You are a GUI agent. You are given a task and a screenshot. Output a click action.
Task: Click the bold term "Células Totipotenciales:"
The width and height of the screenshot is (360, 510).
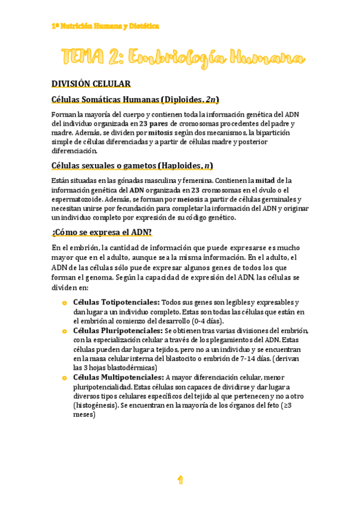[116, 302]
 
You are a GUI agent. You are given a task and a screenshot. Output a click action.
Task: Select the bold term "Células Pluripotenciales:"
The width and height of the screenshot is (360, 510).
[118, 331]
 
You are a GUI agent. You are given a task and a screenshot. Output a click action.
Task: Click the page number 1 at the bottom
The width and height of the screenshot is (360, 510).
[180, 479]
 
